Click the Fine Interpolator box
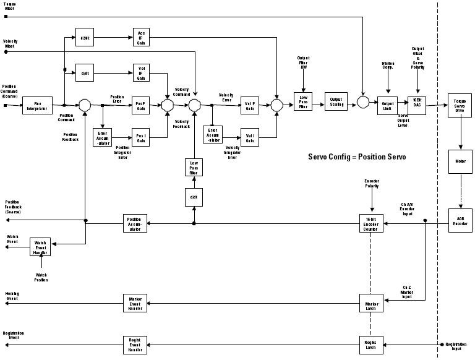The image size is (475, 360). [x=37, y=105]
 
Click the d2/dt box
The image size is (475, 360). [x=84, y=36]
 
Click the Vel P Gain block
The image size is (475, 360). [x=250, y=106]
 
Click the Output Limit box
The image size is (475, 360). [x=388, y=105]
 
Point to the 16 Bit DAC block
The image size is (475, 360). [x=417, y=105]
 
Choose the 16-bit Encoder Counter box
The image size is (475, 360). [x=372, y=223]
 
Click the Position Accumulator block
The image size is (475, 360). [x=135, y=223]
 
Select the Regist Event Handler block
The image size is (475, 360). [x=135, y=345]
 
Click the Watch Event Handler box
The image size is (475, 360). [x=40, y=247]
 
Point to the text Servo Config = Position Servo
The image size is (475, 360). [x=357, y=156]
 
